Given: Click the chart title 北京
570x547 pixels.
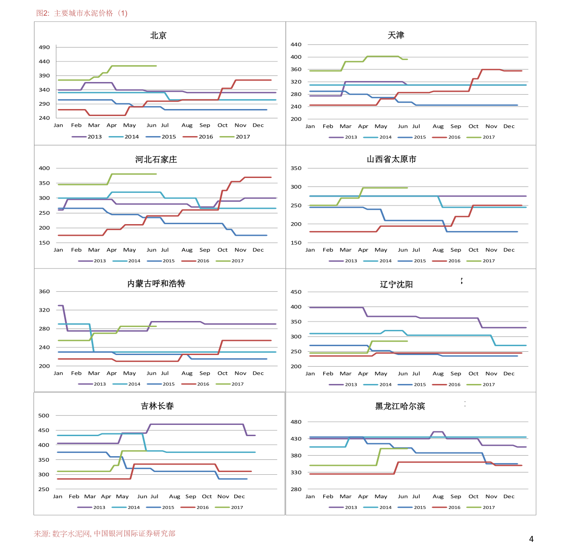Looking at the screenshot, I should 158,35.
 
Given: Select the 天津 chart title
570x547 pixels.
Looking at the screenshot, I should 396,35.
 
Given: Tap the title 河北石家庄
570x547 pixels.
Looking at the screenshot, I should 156,159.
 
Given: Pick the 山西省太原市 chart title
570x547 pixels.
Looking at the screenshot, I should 391,159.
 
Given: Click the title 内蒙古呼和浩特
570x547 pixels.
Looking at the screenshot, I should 156,283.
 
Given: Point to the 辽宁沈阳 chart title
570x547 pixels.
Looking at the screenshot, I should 396,284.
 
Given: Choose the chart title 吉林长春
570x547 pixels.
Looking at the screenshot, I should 157,406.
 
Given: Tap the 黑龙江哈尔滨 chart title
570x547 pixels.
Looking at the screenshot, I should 400,406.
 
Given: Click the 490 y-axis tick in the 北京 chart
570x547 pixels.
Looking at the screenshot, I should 44,48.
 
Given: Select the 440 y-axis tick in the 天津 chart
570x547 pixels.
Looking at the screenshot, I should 296,45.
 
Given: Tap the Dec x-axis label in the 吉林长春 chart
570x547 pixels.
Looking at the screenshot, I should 239,497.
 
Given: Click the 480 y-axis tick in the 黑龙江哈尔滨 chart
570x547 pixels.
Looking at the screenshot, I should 296,422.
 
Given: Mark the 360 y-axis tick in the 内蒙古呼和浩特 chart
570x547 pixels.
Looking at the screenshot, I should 44,292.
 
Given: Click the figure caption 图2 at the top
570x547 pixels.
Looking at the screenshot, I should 82,13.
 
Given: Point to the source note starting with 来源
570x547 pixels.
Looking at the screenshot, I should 105,534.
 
